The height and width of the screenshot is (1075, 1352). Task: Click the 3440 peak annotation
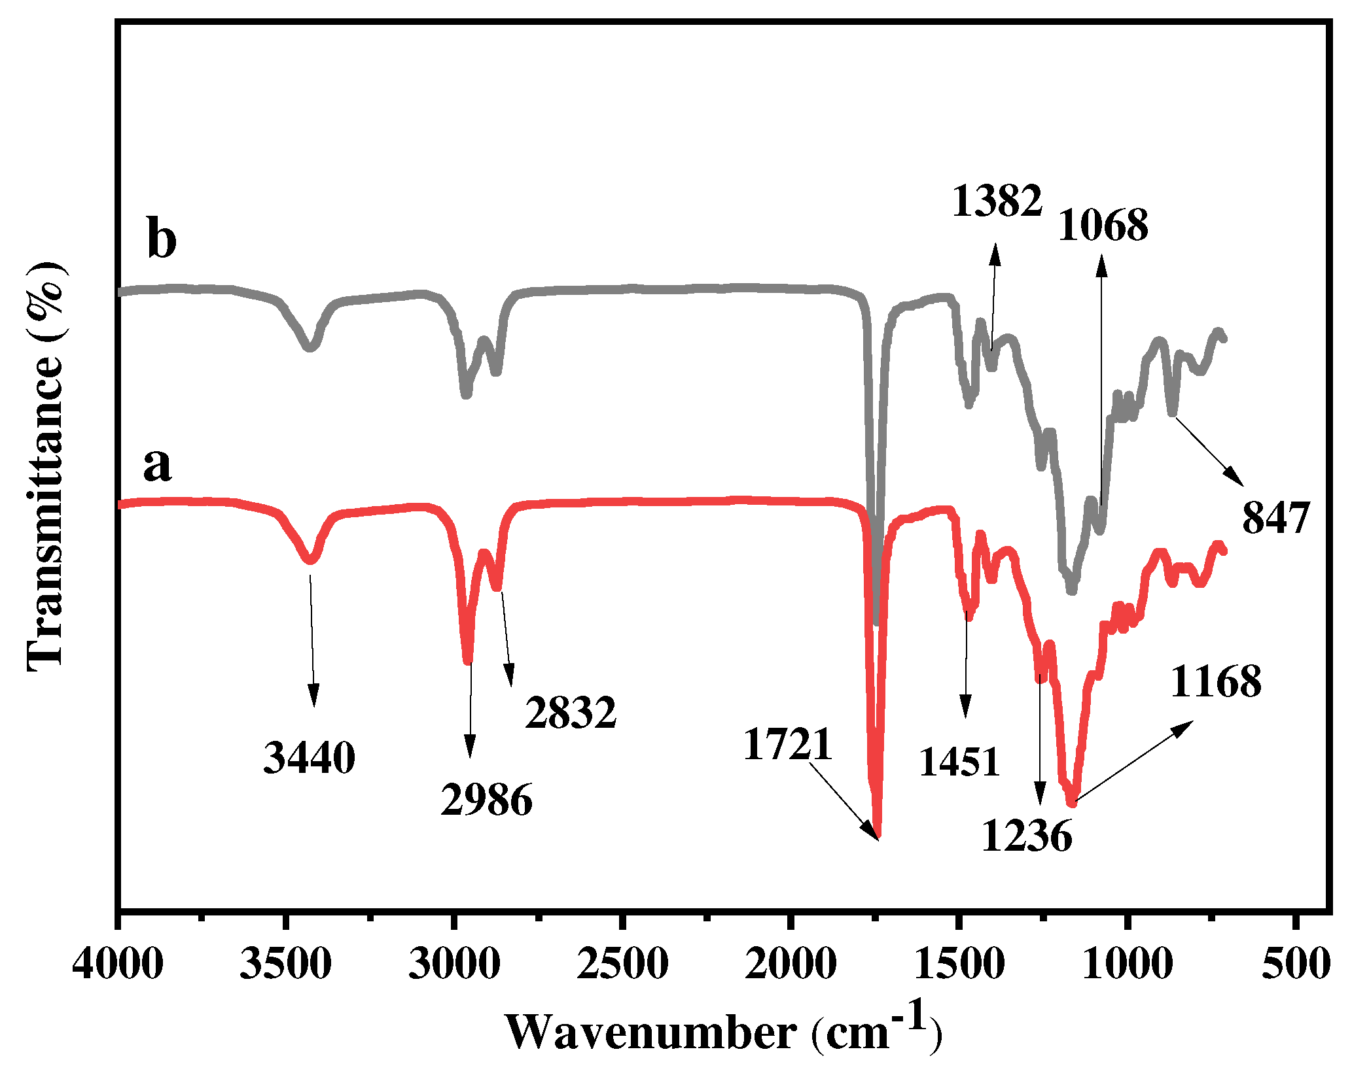tap(309, 759)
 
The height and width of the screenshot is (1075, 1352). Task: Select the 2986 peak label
tap(487, 799)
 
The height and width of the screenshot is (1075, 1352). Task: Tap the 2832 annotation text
tap(571, 712)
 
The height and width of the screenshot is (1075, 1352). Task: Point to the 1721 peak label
tap(788, 744)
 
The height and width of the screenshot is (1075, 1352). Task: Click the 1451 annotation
tap(960, 761)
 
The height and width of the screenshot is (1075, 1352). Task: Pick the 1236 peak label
tap(1027, 836)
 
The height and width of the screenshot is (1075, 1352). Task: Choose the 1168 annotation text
tap(1216, 682)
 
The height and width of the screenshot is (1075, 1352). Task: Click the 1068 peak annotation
tap(1103, 226)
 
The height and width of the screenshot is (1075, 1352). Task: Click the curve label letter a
tap(157, 466)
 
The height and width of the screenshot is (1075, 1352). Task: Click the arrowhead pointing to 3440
tap(314, 698)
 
